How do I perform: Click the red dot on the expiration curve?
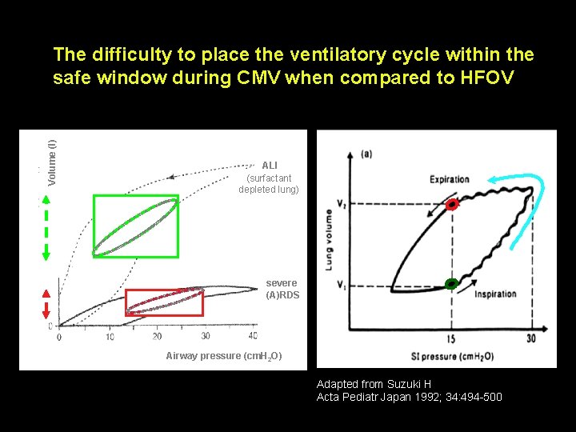click(x=452, y=205)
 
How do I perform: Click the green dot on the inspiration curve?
click(x=451, y=283)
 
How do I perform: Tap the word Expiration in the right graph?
click(x=449, y=178)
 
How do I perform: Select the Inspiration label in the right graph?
click(x=495, y=294)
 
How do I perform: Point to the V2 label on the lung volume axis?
click(x=341, y=204)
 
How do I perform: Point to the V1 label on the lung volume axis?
click(x=341, y=285)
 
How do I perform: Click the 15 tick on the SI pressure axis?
click(x=451, y=339)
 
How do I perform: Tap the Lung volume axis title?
click(x=329, y=239)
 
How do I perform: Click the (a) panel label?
click(x=366, y=153)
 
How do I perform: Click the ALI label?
click(x=270, y=166)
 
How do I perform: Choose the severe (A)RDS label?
click(x=282, y=289)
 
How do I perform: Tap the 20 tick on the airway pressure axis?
click(x=157, y=336)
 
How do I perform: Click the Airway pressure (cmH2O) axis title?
click(x=223, y=356)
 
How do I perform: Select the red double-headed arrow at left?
click(x=46, y=304)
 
